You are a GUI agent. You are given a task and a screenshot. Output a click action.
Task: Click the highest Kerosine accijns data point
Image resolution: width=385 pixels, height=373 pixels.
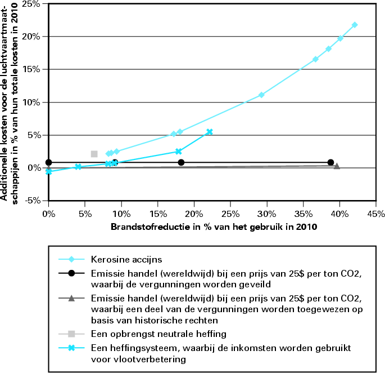(355, 25)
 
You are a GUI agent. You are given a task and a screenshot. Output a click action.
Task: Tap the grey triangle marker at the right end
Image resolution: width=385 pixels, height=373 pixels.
(337, 166)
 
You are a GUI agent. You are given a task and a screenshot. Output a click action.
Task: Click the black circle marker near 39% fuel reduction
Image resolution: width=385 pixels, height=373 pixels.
(330, 162)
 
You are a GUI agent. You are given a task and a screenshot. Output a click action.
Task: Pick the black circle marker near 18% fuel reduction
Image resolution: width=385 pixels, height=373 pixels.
(181, 162)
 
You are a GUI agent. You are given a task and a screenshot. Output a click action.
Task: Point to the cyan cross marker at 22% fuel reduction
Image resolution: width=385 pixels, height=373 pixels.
(210, 132)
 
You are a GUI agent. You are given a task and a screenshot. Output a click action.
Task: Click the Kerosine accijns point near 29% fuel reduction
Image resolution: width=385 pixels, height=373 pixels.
(261, 95)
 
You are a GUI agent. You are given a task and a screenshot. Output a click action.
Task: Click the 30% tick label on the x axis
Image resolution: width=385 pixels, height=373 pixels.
(266, 215)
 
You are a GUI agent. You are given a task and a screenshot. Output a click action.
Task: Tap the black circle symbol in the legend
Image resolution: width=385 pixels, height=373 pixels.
(71, 274)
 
